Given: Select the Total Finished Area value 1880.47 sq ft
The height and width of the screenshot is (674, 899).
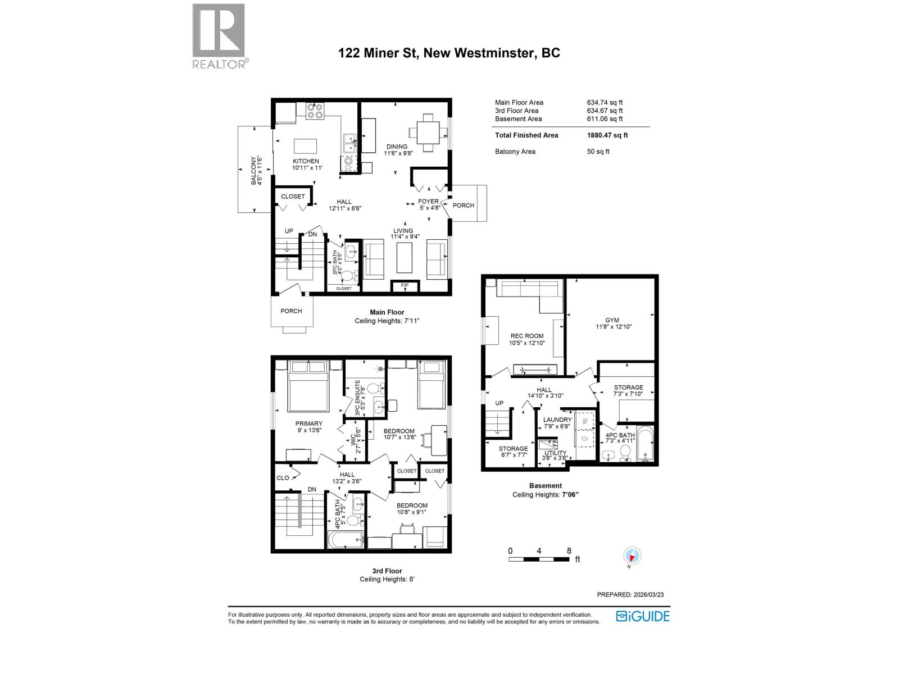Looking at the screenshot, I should pos(607,135).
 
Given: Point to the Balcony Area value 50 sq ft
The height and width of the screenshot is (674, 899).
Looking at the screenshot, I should pos(598,152).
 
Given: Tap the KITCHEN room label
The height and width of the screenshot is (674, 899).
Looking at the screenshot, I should pos(305,161).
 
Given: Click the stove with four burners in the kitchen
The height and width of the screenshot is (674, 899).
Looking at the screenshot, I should pos(315,111).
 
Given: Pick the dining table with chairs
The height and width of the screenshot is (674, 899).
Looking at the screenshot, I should pos(429,133).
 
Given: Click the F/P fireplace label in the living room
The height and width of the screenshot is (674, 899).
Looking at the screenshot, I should pos(405,286).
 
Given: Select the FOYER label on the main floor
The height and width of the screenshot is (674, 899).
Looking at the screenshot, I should pos(428,201).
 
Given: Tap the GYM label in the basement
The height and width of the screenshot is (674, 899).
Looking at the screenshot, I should pos(612,320).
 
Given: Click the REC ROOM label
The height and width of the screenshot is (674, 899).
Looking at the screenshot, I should pos(526,336).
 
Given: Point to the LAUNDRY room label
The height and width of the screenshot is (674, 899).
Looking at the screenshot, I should pos(557,420).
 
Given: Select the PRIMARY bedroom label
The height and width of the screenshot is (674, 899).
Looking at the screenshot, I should pos(309,423).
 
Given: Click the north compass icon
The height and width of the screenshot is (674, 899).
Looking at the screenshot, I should pos(633,556).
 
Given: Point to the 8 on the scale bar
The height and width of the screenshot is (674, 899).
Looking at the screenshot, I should pos(569,551).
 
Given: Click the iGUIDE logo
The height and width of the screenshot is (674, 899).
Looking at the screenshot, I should pos(643,616).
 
